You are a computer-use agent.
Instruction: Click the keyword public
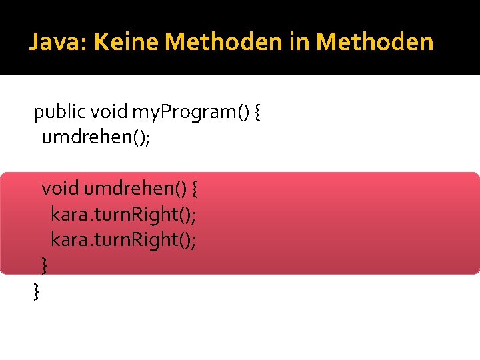[x=58, y=113]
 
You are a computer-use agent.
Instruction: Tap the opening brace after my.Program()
[x=257, y=113]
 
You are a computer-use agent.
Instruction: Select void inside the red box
[x=60, y=189]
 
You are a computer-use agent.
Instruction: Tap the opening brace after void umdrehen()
[x=194, y=189]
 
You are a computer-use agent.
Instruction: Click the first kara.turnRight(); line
[x=123, y=215]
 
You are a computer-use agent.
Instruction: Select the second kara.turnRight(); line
[x=123, y=239]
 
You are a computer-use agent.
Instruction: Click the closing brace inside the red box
[x=44, y=265]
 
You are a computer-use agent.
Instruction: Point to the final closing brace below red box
[x=35, y=290]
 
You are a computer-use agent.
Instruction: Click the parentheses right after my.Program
[x=243, y=113]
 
